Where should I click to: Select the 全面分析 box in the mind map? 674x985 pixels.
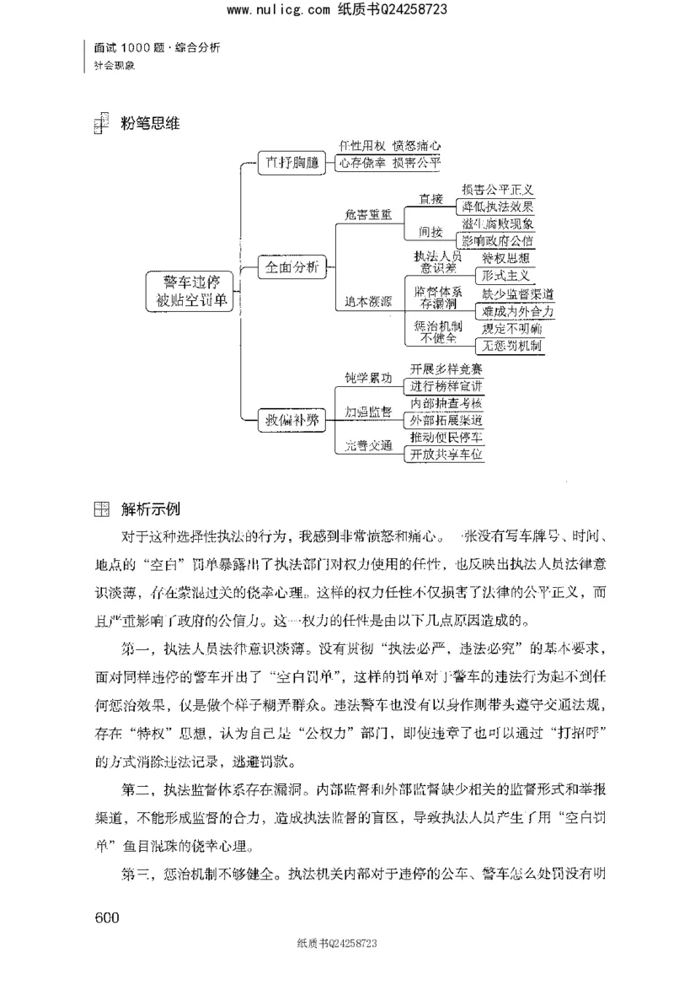coord(292,268)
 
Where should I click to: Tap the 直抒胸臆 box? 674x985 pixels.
coord(292,164)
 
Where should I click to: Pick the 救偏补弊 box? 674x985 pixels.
coord(292,419)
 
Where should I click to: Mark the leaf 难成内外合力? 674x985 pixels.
coord(517,311)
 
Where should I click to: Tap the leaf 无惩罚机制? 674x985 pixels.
coord(511,346)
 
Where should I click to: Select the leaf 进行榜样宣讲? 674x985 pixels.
coord(447,385)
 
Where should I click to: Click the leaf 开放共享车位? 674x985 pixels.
coord(447,455)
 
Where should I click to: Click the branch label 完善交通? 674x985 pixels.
coord(368,446)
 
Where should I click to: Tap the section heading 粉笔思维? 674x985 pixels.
coord(152,123)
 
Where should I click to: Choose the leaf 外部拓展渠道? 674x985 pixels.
coord(447,420)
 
